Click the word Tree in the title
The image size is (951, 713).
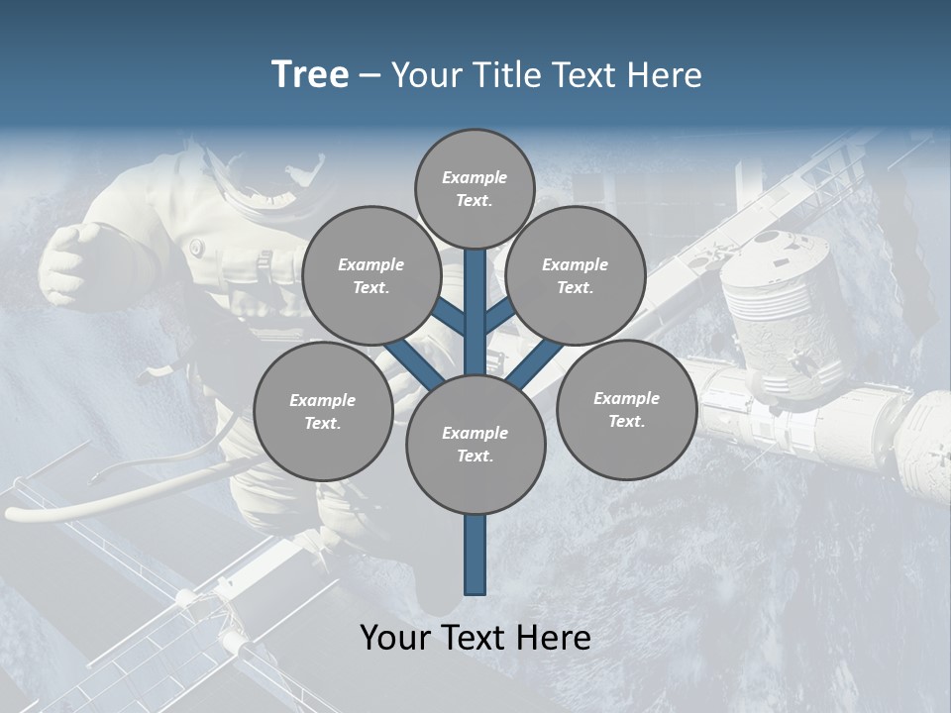click(x=310, y=75)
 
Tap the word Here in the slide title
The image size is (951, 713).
click(x=665, y=75)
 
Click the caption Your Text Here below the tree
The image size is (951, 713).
click(x=475, y=638)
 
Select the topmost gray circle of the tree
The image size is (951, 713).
click(x=475, y=188)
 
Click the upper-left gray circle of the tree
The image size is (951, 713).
click(x=370, y=276)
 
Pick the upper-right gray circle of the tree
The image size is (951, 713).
click(x=576, y=276)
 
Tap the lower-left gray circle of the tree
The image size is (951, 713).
click(x=323, y=411)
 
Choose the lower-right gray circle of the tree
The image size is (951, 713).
click(x=626, y=409)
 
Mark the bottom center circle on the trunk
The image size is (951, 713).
click(x=475, y=445)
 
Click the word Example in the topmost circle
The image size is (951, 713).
click(x=475, y=178)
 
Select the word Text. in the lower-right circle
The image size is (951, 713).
click(x=626, y=421)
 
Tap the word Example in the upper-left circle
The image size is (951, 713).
click(x=370, y=265)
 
